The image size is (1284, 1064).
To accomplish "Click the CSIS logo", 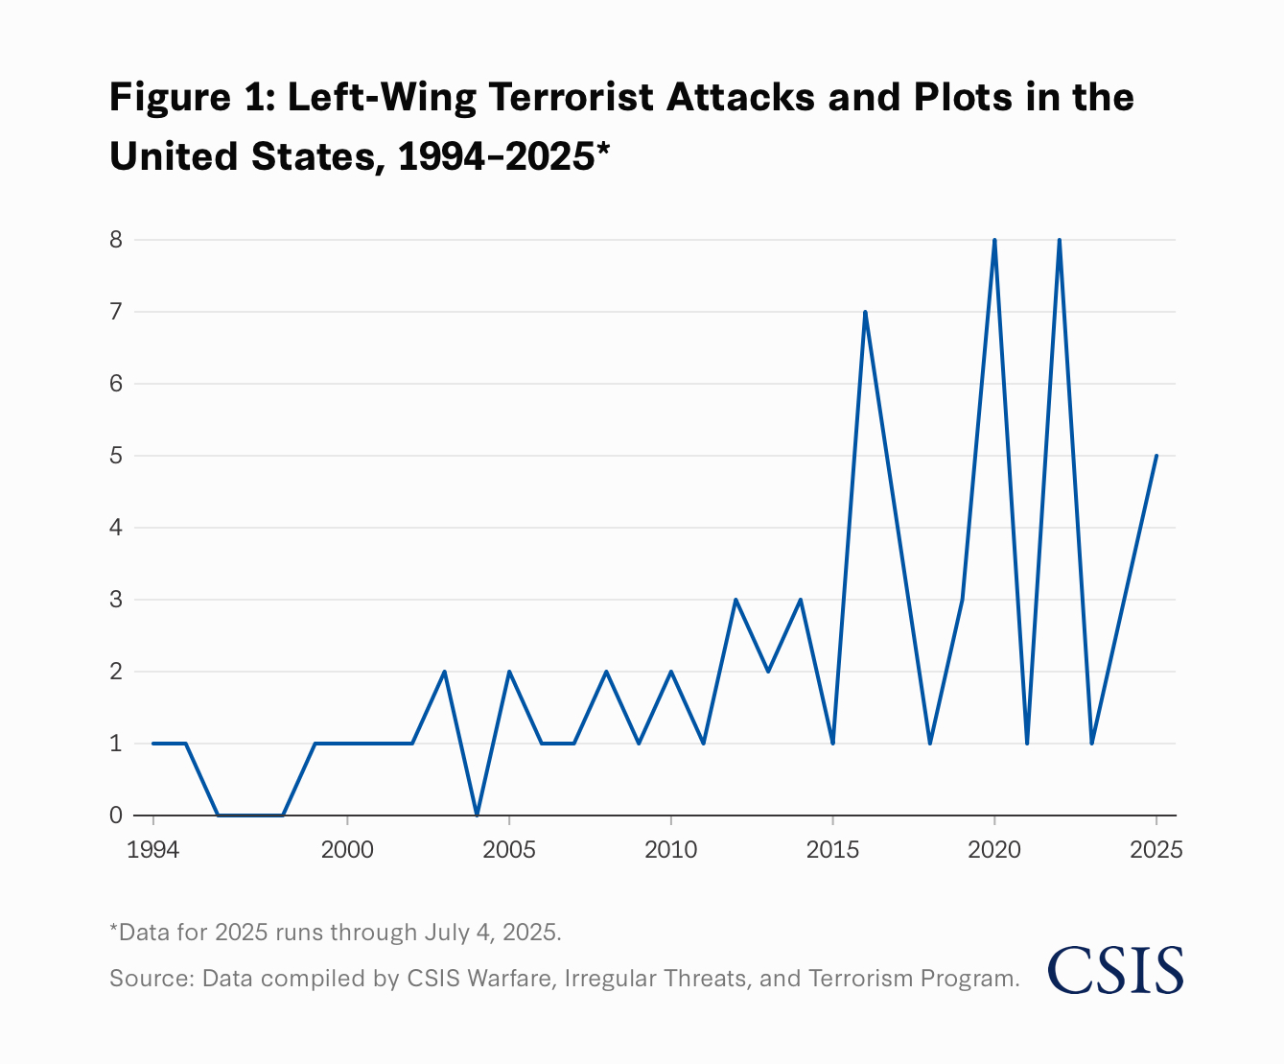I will pos(1115,970).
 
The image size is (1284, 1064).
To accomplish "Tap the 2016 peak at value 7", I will pos(865,312).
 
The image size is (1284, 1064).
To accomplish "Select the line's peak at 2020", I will pos(994,240).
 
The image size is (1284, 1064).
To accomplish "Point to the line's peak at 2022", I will pos(1059,240).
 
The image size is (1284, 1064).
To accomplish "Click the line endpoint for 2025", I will pos(1156,456).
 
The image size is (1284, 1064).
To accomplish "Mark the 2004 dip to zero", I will pos(477,815).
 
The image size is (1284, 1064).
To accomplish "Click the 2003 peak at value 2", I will pos(444,672).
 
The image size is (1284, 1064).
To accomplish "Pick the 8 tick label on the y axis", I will pos(116,240).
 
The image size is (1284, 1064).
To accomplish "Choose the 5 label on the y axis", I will pos(116,456).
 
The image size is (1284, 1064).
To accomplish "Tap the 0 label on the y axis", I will pos(116,816).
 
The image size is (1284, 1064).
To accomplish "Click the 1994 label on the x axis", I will pos(153,850).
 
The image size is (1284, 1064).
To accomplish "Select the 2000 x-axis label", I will pos(347,850).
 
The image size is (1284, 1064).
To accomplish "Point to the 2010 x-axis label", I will pos(670,850).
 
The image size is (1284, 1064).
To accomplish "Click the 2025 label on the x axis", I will pos(1156,850).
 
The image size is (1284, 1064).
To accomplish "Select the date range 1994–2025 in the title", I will pos(496,155).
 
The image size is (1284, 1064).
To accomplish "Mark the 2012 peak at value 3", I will pos(735,600).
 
